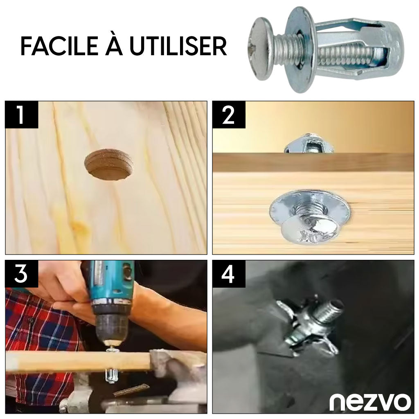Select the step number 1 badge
pyautogui.click(x=22, y=115)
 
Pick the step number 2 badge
pyautogui.click(x=229, y=115)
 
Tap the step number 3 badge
pyautogui.click(x=22, y=273)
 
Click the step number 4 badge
pyautogui.click(x=229, y=273)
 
